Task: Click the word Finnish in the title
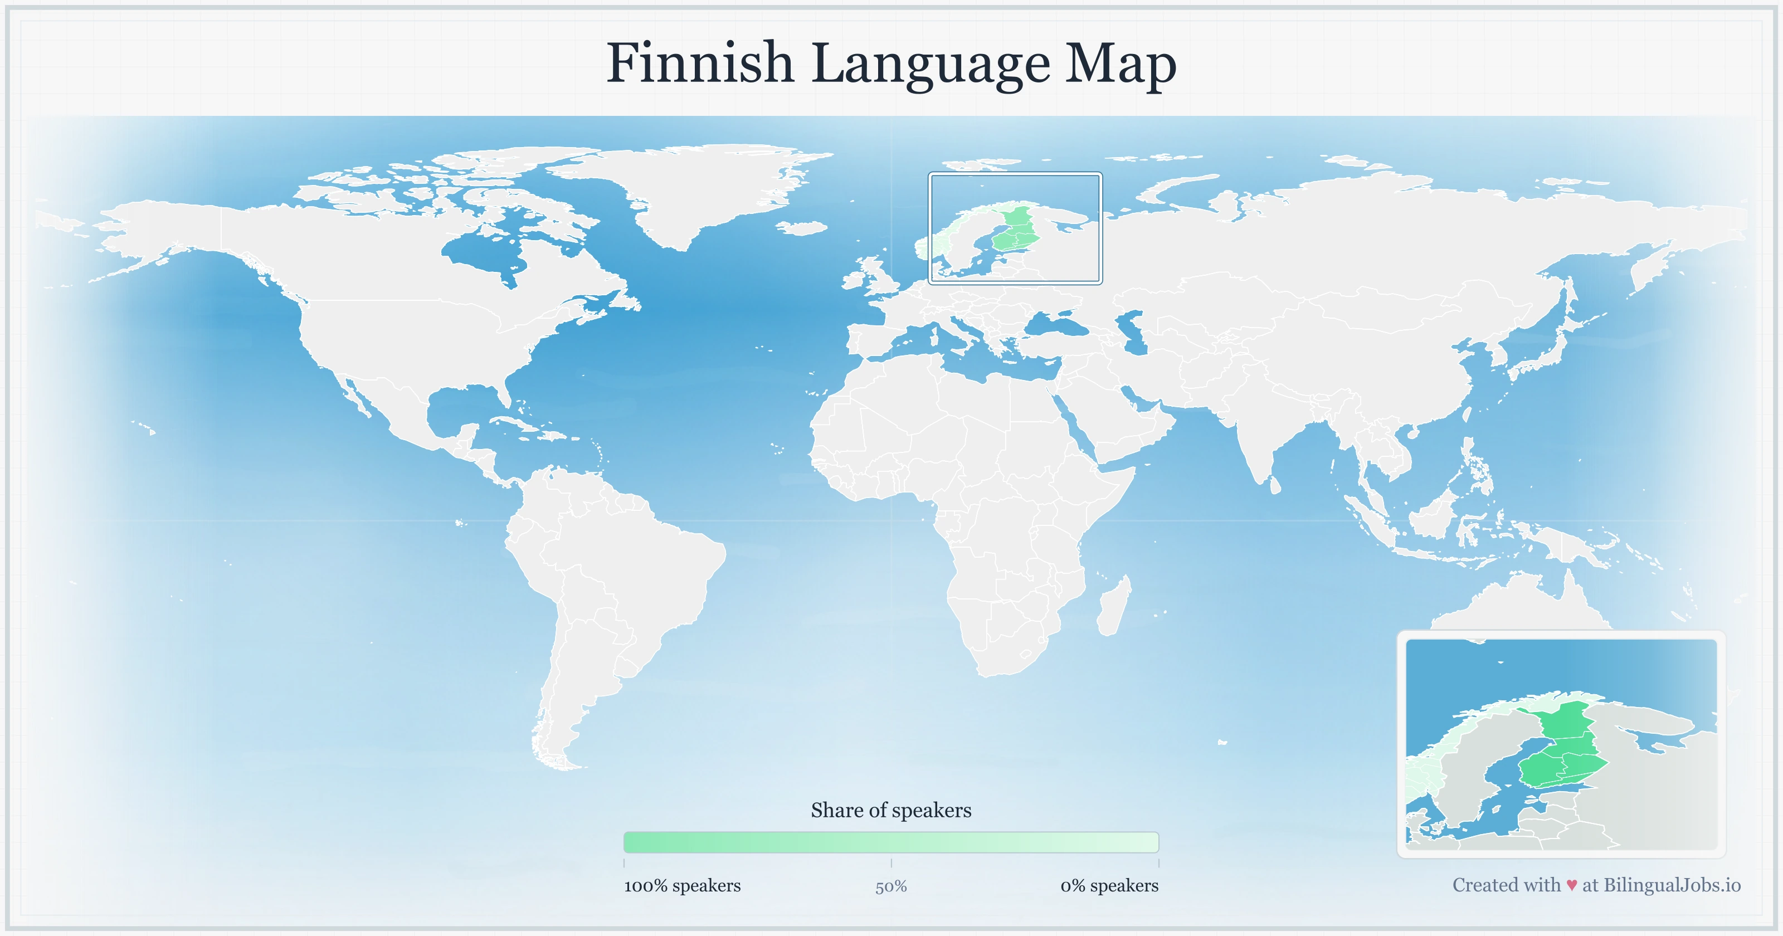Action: click(x=699, y=64)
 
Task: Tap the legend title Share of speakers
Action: click(x=891, y=810)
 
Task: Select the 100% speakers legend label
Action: click(x=682, y=885)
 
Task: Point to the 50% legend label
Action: click(x=891, y=886)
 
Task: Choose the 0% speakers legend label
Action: click(x=1109, y=885)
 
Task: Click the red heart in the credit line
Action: click(x=1571, y=885)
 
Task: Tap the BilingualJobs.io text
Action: click(x=1672, y=885)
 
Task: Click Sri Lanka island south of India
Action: click(x=1275, y=485)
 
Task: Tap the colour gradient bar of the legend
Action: click(x=891, y=842)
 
